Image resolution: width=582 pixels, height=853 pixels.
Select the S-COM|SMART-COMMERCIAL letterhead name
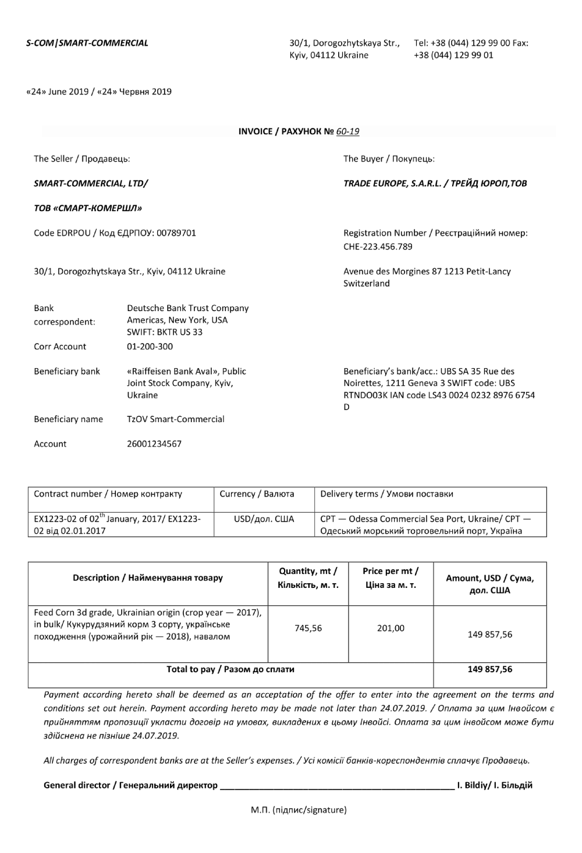point(87,42)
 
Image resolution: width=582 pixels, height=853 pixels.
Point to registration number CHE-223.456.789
point(378,247)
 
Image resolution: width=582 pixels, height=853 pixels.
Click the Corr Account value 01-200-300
point(150,347)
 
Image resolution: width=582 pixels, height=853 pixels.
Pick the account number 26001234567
point(154,444)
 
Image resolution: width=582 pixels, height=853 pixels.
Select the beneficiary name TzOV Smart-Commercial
point(176,419)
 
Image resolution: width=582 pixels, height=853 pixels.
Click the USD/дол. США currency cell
point(264,519)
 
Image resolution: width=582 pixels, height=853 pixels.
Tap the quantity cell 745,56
point(308,629)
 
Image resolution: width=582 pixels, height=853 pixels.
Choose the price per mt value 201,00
point(391,629)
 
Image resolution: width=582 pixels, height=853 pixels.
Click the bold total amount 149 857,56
point(489,669)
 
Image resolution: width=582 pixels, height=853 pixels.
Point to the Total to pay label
point(230,669)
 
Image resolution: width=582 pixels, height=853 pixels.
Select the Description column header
point(148,578)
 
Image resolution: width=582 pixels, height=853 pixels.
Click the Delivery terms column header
point(386,494)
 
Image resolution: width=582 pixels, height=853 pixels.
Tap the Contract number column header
point(108,494)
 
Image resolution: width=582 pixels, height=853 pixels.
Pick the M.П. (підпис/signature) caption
point(299,809)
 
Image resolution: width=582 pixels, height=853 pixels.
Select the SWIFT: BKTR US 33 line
point(165,333)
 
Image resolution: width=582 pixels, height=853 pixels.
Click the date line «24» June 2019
point(99,91)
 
